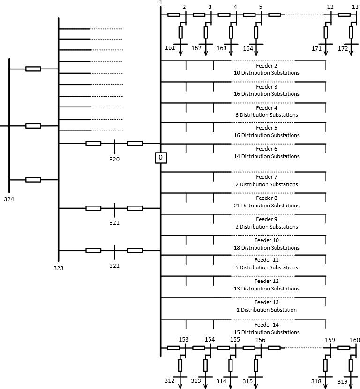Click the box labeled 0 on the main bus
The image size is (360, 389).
click(161, 158)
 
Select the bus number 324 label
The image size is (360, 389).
click(9, 199)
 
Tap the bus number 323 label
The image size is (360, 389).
click(59, 268)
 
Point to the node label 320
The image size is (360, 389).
click(114, 160)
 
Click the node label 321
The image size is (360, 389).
click(114, 223)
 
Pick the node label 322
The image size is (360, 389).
click(114, 266)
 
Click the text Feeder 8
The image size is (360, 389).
click(267, 198)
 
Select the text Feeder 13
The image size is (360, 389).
click(267, 303)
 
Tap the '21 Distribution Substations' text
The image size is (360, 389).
click(267, 206)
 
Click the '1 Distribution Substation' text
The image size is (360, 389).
click(267, 310)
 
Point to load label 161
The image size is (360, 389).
click(170, 48)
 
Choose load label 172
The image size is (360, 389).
click(343, 49)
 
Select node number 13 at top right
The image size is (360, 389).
click(355, 7)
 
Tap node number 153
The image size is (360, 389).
click(184, 339)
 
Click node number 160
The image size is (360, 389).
click(355, 340)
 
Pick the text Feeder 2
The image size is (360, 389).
click(267, 66)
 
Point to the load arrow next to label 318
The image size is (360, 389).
click(326, 382)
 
